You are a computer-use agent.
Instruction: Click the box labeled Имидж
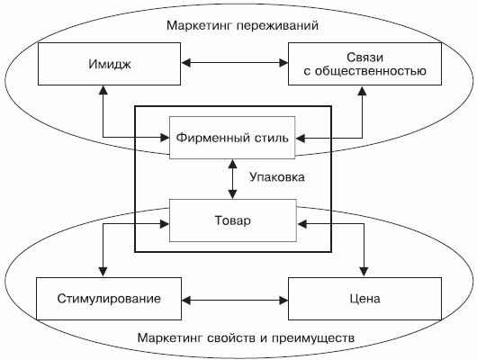[x=109, y=64]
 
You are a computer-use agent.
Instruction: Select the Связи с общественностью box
[x=364, y=64]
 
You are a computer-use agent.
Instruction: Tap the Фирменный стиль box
[x=232, y=138]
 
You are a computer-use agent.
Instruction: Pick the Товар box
[x=233, y=220]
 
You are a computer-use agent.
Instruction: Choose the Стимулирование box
[x=109, y=299]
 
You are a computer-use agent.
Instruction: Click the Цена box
[x=364, y=299]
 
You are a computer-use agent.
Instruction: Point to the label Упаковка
[x=277, y=176]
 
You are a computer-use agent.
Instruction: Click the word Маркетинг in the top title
[x=199, y=25]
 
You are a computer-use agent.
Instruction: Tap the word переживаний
[x=277, y=25]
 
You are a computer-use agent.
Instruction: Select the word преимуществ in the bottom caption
[x=312, y=338]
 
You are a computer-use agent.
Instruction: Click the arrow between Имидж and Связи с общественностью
[x=235, y=63]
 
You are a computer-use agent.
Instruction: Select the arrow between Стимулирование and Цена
[x=235, y=301]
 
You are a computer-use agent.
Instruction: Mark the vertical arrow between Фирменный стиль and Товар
[x=233, y=179]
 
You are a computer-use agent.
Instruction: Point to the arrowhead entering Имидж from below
[x=103, y=90]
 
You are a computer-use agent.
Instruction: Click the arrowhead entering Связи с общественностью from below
[x=363, y=90]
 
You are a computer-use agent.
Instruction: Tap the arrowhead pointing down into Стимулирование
[x=103, y=272]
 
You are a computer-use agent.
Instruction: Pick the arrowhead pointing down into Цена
[x=364, y=272]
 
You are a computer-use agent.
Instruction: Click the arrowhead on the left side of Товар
[x=165, y=224]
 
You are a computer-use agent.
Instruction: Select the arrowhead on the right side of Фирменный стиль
[x=301, y=139]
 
